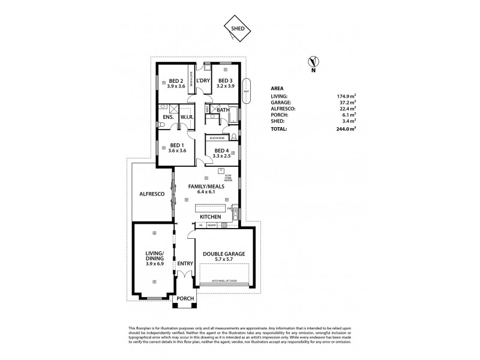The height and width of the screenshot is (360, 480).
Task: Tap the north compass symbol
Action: point(312,61)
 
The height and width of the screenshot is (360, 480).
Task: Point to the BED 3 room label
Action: point(224,80)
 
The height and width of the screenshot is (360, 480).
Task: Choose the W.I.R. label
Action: point(185,117)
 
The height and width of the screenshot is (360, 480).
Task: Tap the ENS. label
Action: point(168,117)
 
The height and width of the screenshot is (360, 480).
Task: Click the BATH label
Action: point(223,110)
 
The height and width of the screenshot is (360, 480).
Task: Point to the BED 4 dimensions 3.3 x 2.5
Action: point(221,155)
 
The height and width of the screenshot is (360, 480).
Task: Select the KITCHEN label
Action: point(211,216)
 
